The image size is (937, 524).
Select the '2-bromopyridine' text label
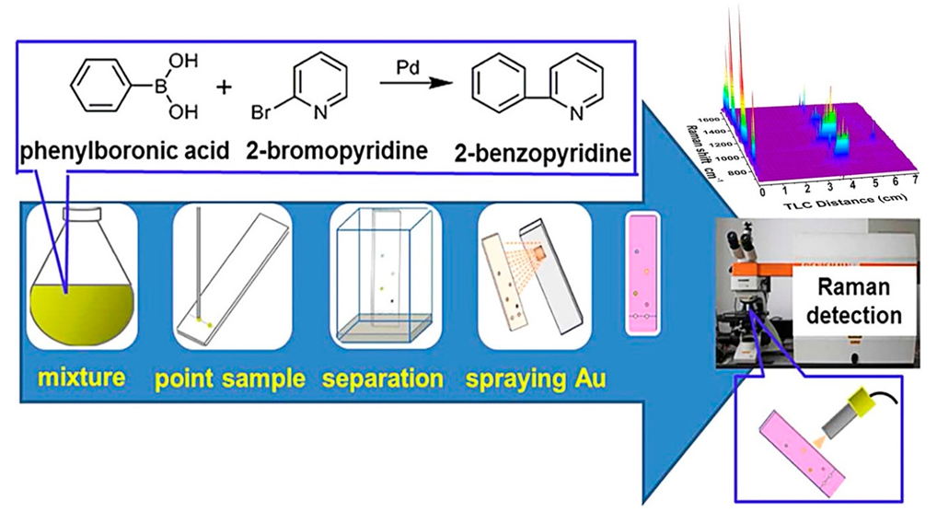pyautogui.click(x=350, y=150)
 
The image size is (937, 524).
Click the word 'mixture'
pyautogui.click(x=81, y=378)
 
